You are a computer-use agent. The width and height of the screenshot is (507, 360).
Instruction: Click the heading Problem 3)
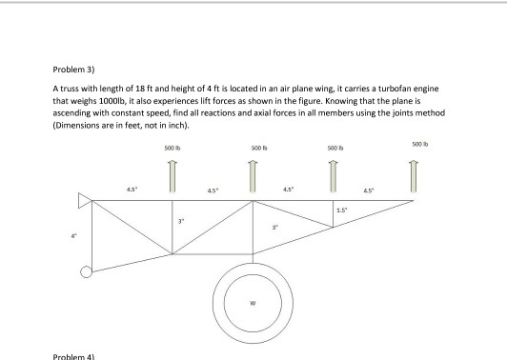point(73,70)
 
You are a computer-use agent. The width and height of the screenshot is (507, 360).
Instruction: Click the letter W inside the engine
point(253,303)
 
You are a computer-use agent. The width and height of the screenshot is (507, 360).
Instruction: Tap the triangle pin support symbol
point(85,201)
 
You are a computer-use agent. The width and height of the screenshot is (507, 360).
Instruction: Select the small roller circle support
point(86,271)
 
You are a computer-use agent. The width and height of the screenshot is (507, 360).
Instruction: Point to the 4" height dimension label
point(74,236)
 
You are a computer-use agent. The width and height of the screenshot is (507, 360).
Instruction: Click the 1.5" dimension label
point(341,210)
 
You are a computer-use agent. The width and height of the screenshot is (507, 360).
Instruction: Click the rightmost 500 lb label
point(420,144)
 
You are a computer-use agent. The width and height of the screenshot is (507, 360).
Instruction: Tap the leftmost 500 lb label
point(172,149)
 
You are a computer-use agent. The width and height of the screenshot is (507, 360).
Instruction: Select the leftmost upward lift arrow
point(172,176)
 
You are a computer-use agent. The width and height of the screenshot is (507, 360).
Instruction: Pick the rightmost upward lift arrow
point(414,176)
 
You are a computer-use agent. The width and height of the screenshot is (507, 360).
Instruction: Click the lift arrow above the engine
point(253,176)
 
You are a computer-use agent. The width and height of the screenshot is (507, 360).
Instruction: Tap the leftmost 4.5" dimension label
point(132,190)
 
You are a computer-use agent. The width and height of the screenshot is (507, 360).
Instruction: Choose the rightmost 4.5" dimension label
point(369,190)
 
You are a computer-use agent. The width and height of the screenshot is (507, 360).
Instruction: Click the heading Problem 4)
point(73,357)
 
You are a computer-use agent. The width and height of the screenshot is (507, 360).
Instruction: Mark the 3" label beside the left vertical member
point(181,221)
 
